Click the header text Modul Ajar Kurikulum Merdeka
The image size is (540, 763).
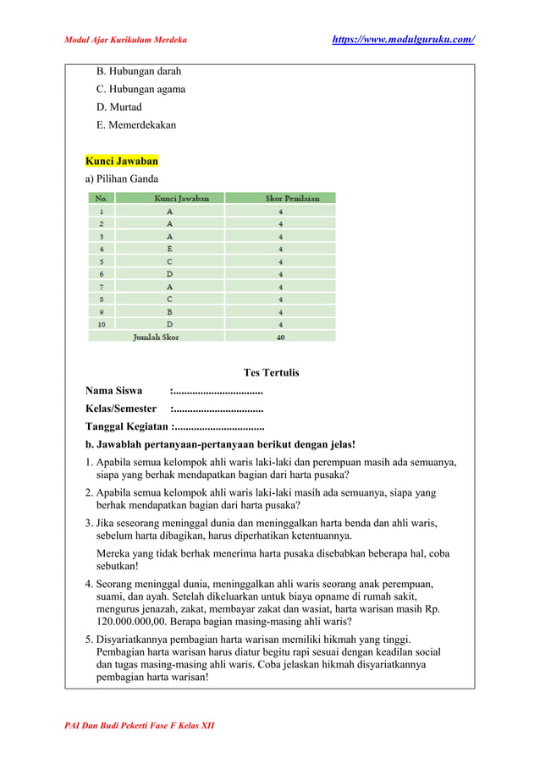pos(126,40)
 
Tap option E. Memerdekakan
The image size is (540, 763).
pos(136,124)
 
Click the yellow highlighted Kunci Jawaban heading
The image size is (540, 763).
pos(121,161)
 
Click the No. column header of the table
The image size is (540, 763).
pos(102,198)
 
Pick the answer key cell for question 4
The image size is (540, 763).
pos(169,249)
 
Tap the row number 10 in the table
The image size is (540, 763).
pos(102,324)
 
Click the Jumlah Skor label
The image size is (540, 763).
pos(156,337)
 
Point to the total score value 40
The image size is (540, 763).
pos(280,337)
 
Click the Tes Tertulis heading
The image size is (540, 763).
pos(271,372)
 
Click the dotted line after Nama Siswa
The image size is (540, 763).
pos(217,391)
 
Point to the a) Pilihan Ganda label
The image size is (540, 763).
pos(122,178)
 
